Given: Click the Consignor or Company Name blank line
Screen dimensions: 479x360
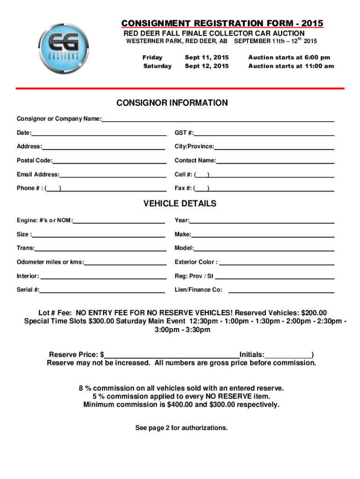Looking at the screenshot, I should coord(218,121).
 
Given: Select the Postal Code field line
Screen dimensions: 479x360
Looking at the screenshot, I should coord(109,162).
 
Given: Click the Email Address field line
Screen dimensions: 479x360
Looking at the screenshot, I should coord(113,176).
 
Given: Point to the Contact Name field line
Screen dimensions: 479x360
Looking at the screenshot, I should coord(275,162).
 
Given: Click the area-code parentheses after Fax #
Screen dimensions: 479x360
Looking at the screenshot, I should coord(202,189).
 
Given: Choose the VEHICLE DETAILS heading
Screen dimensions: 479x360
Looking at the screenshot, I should coord(180,203).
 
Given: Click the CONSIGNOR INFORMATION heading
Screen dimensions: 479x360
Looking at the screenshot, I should coord(172,103).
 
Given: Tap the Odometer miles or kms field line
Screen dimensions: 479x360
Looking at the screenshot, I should coord(125,264).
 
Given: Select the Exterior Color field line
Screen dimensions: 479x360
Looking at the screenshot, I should coord(277,264).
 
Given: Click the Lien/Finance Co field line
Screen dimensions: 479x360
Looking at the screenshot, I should coord(281,291).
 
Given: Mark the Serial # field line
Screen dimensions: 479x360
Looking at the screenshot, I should coord(102,291).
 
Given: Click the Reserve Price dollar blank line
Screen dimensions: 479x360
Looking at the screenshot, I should coord(172,356).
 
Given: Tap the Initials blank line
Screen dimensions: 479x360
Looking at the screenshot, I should coord(288,356).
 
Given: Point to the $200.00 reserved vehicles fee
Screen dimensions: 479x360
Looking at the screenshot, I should coord(314,313).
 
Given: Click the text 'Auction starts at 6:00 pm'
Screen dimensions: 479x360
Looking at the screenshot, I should coord(289,58).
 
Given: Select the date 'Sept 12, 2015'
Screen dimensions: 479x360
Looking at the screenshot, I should coord(207,66).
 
